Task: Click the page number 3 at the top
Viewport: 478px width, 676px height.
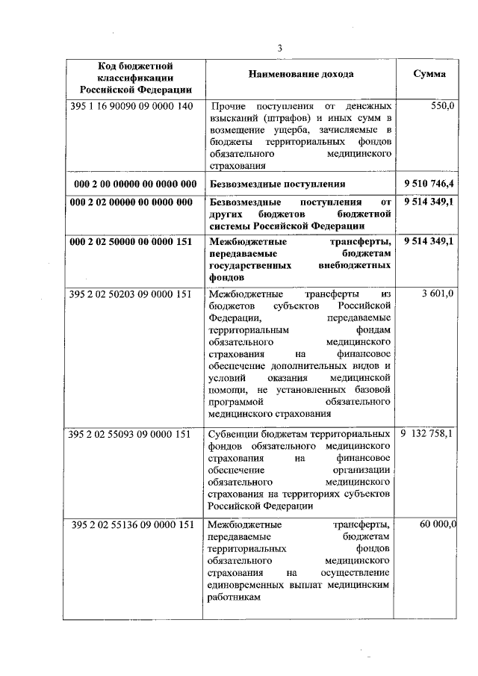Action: coord(280,49)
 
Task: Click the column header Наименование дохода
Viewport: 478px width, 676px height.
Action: coord(301,75)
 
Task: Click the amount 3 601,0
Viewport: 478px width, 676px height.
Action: coord(438,294)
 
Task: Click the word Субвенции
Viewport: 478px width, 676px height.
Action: coord(233,434)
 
